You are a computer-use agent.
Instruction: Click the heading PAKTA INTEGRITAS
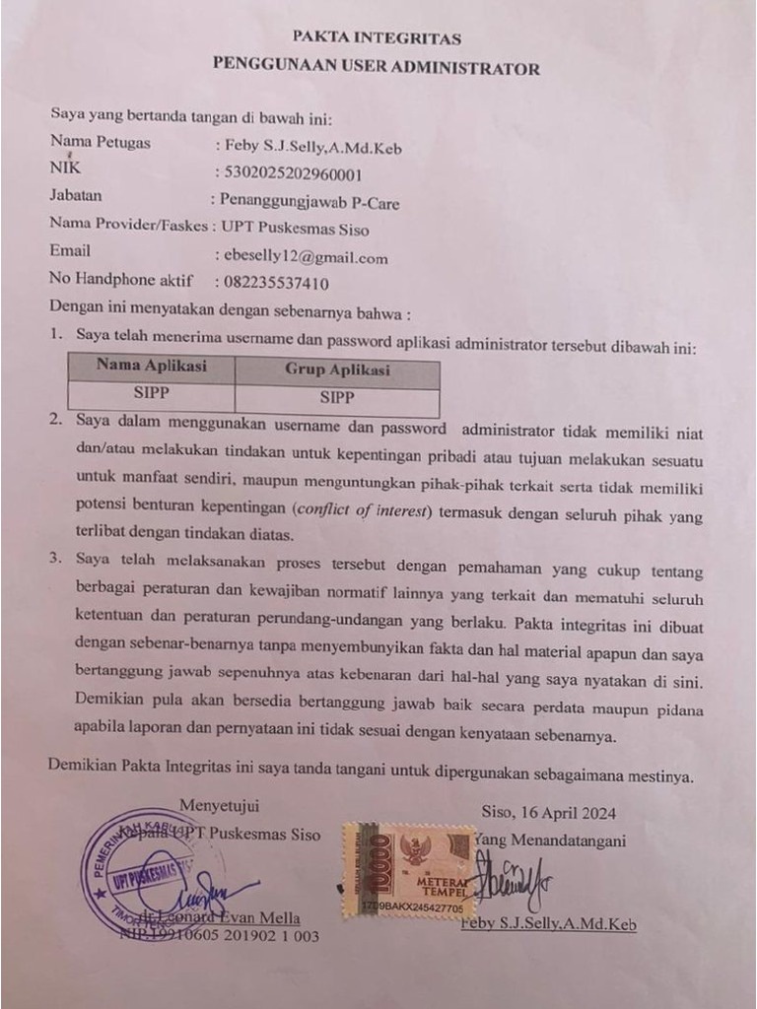pos(378,39)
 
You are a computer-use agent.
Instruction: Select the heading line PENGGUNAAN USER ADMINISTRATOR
pos(378,68)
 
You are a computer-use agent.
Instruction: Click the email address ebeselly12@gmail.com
pos(307,259)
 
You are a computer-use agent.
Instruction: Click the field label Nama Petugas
pos(101,143)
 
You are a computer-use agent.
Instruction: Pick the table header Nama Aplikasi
pos(151,366)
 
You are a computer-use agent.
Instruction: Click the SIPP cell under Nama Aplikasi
pos(151,392)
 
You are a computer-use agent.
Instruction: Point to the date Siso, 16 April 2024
pos(548,813)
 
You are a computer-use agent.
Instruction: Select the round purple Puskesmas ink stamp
pos(148,872)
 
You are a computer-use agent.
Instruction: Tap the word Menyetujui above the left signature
pos(222,810)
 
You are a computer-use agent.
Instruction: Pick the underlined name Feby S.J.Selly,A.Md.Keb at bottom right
pos(548,924)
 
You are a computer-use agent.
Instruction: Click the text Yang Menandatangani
pos(550,840)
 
